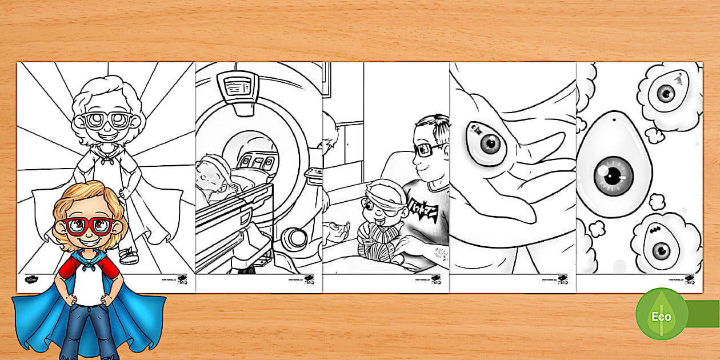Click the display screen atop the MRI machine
point(239,87)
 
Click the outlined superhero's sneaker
point(129,255)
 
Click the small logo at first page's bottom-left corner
point(30,281)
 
